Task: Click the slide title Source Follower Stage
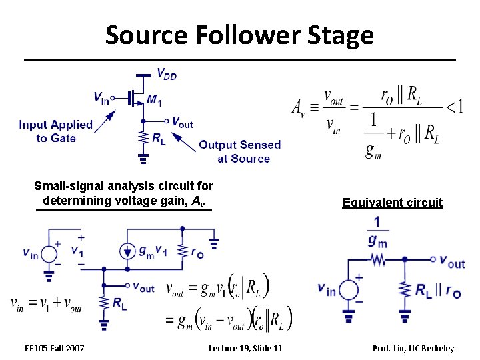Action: tap(239, 35)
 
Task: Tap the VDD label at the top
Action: tap(166, 74)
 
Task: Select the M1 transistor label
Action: tap(154, 100)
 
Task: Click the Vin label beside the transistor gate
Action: tap(101, 97)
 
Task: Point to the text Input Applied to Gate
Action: tap(55, 131)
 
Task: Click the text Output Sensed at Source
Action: tap(240, 151)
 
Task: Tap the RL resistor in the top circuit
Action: tap(143, 138)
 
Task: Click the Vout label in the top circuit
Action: tap(181, 122)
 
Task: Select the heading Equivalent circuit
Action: tap(392, 203)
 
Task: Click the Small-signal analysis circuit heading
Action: tap(123, 193)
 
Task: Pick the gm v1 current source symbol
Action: tap(127, 251)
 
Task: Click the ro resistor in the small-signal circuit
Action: tap(183, 251)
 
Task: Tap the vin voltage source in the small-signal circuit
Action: tap(49, 253)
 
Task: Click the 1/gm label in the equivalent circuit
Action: tap(377, 231)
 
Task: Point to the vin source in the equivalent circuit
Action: tap(347, 289)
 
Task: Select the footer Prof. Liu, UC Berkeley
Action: tap(413, 348)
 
